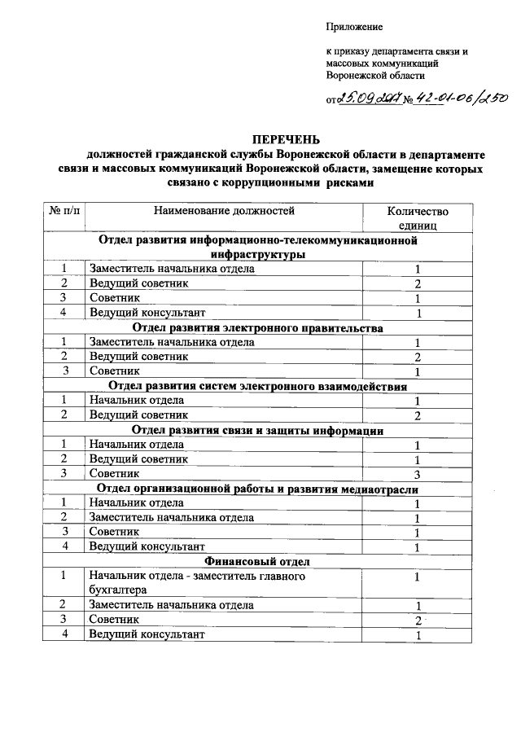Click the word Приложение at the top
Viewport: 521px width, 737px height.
coord(353,28)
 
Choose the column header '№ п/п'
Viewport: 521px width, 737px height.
coord(63,211)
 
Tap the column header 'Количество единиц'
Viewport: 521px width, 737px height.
coord(418,217)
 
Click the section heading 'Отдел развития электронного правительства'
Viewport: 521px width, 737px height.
coord(257,328)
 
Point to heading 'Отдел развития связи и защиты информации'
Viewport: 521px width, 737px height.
coord(257,430)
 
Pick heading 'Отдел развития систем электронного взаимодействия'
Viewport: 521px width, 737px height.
coord(257,386)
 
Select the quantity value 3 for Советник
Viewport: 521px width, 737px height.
coord(417,474)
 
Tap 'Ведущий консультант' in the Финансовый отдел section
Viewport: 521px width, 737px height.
coord(147,634)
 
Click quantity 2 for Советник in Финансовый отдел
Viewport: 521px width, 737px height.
coord(417,621)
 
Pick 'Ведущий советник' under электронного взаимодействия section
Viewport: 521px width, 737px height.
coord(138,415)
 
